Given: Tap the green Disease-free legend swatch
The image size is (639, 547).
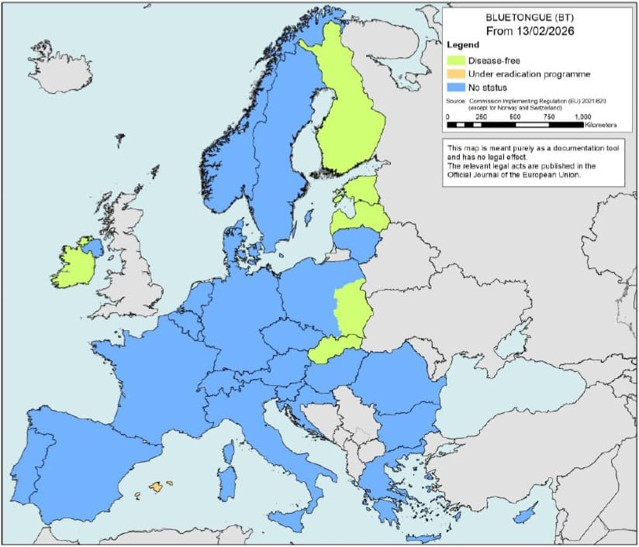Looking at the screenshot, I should point(455,60).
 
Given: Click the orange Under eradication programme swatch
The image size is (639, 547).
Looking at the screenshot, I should point(455,74).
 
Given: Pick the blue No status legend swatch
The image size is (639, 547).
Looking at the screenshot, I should point(455,88).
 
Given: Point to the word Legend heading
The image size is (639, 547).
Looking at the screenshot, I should point(463,46).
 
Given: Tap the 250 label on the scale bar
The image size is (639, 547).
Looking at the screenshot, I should point(481,116).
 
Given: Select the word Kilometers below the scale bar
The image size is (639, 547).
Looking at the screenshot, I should point(596,125).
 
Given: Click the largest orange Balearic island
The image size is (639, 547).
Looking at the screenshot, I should point(158,487).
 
